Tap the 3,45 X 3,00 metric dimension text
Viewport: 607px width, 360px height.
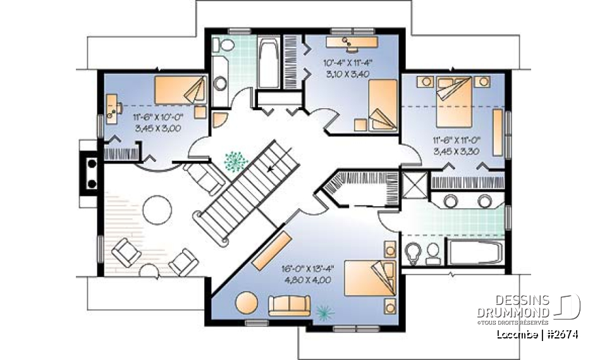click(x=157, y=128)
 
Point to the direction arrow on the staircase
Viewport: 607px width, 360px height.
click(x=272, y=168)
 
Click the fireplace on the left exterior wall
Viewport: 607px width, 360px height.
click(x=88, y=172)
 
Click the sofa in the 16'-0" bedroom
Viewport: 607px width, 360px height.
click(x=289, y=306)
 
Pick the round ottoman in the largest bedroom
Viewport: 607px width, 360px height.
click(x=247, y=302)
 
